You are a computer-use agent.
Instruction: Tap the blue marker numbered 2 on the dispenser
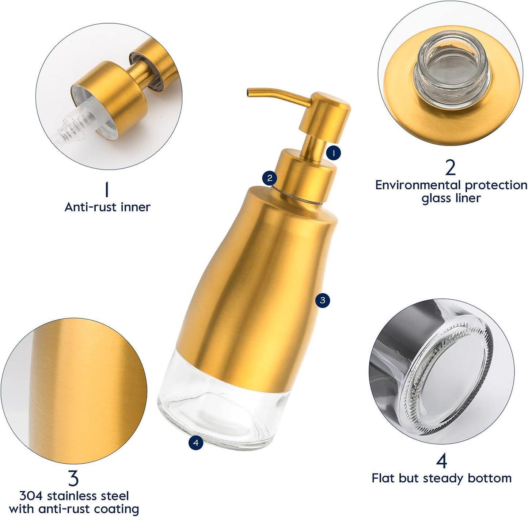click(270, 178)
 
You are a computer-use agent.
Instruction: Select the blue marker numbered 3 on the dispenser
click(322, 300)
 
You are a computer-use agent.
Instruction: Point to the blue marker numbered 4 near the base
click(196, 443)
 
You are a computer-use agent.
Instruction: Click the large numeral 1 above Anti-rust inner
click(107, 189)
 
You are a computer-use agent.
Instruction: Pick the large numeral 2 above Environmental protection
click(451, 168)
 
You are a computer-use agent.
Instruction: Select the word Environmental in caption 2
click(418, 185)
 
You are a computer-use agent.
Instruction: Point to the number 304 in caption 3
click(31, 496)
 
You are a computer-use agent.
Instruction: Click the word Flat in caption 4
click(384, 478)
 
